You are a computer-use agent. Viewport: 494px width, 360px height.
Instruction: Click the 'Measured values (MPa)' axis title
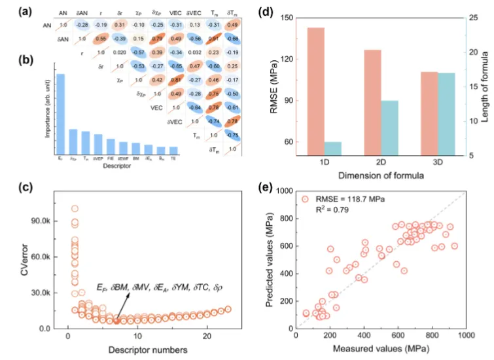coord(381,351)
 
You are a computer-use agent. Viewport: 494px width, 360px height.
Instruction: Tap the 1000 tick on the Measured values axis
coord(465,336)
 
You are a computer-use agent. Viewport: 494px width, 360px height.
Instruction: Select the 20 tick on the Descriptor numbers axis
coord(207,336)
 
